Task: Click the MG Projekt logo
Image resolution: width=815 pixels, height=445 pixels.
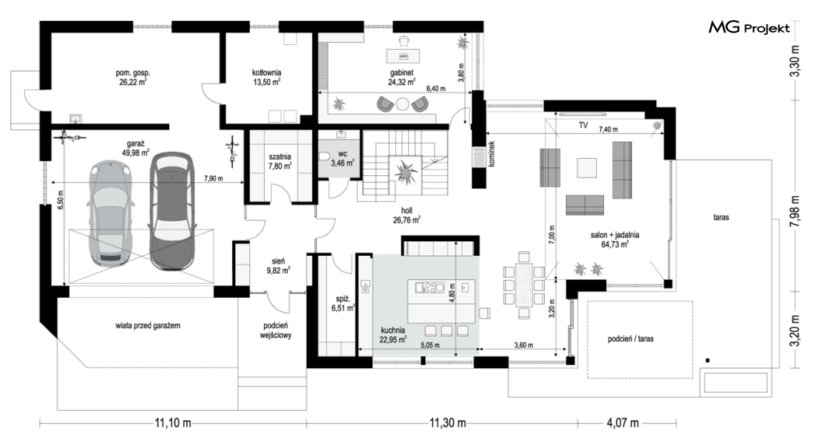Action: (x=749, y=27)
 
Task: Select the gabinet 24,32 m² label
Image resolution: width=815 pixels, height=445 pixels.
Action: (x=402, y=78)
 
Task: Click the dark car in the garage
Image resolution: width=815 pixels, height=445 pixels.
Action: (x=172, y=211)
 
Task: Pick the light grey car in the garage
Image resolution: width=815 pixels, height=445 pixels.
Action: (x=110, y=214)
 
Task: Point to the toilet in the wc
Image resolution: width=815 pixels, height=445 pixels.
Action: (x=324, y=156)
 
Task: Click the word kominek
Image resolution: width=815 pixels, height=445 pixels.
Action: (x=491, y=154)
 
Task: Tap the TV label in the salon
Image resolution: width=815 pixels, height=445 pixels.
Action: (x=583, y=125)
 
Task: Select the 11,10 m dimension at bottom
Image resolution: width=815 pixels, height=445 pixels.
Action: (x=173, y=423)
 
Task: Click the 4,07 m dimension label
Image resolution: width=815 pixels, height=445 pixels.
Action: (x=623, y=423)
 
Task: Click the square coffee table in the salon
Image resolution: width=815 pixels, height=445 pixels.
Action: (x=588, y=167)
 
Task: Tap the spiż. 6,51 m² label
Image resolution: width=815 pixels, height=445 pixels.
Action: (x=343, y=303)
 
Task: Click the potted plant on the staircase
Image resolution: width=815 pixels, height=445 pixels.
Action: (x=405, y=171)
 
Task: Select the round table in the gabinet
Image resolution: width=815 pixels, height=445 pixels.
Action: (x=403, y=105)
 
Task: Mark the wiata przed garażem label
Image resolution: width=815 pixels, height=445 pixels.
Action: (x=148, y=326)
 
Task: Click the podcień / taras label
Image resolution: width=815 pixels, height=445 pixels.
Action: (x=630, y=339)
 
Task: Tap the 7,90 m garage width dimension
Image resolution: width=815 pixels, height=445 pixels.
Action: (x=213, y=178)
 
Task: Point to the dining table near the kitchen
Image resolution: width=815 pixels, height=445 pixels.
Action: (x=524, y=285)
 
